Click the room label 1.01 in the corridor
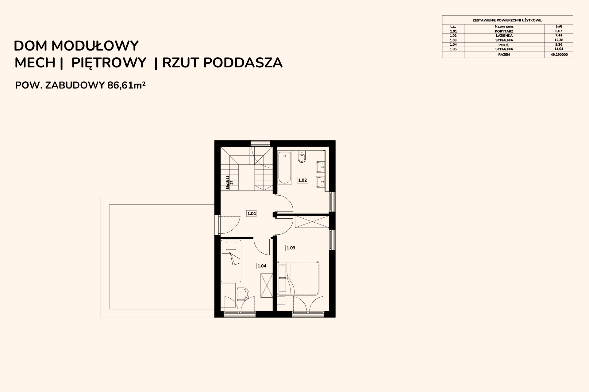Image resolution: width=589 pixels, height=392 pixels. [252, 213]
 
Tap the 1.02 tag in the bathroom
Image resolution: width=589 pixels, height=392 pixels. [302, 180]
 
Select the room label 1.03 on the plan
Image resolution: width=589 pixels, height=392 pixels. [291, 248]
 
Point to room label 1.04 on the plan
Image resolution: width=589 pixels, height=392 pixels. [262, 266]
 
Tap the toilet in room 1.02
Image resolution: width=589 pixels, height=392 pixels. [302, 156]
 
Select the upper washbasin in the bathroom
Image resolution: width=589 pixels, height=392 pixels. [321, 167]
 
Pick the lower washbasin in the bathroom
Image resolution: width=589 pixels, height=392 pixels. [321, 182]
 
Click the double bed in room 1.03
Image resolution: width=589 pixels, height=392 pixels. [298, 278]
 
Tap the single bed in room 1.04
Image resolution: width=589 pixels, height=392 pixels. [231, 261]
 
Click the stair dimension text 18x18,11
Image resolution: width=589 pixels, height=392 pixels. [228, 183]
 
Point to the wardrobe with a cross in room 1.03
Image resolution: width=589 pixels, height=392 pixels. [312, 221]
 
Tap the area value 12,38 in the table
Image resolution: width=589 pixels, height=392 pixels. [559, 40]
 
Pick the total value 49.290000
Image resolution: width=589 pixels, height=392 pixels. [559, 55]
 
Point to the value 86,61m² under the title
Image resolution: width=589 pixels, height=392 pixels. [126, 85]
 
